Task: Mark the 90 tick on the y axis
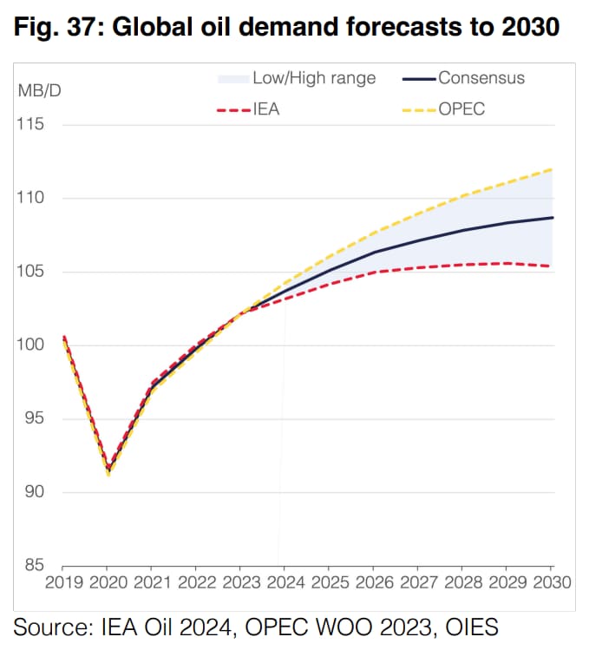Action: coord(32,492)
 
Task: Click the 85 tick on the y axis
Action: coord(32,565)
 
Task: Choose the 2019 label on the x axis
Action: coord(64,581)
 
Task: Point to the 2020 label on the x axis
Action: coord(109,581)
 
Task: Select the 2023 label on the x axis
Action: coord(241,581)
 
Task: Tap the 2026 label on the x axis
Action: coord(374,581)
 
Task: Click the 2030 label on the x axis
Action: coord(551,581)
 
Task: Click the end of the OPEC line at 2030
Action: coord(553,169)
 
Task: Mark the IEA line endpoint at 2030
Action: coord(553,266)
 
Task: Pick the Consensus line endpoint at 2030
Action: coord(553,218)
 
